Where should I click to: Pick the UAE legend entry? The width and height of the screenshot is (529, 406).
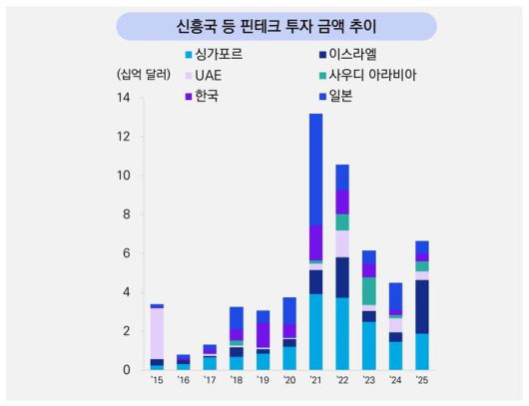208,75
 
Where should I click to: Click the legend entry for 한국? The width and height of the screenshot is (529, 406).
208,96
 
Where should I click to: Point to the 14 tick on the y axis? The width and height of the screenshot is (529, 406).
124,98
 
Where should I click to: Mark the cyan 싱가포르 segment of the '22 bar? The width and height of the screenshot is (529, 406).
342,333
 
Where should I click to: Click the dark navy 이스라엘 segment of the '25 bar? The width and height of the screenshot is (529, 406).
422,306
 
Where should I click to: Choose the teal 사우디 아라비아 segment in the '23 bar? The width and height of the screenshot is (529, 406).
369,290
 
